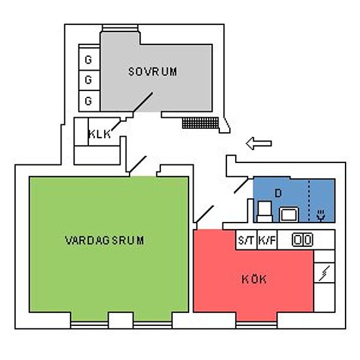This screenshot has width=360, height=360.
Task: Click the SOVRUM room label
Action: (153, 71)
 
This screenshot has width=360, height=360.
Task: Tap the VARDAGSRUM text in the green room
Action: (105, 240)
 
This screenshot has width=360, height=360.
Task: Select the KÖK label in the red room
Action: (254, 279)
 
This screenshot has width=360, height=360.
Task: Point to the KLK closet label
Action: (99, 134)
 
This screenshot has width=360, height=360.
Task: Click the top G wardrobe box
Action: (89, 59)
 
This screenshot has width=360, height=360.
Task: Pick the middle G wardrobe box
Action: (89, 81)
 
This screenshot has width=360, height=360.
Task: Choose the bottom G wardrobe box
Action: (89, 101)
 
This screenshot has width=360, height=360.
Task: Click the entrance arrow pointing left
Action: (259, 143)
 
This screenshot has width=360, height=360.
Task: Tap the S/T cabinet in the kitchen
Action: (246, 240)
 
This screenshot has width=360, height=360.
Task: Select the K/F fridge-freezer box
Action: (267, 240)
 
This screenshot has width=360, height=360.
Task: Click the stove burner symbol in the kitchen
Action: (302, 240)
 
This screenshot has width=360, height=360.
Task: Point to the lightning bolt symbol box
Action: (325, 273)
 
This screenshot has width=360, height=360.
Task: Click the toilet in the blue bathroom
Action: (264, 211)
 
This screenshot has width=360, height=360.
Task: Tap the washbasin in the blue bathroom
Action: (289, 215)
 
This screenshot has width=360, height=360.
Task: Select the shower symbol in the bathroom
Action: (321, 216)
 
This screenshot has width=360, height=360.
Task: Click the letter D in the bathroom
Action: (278, 193)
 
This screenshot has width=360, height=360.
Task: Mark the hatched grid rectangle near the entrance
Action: (200, 123)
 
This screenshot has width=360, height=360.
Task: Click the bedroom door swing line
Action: (143, 102)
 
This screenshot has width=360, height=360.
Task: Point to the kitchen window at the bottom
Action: (257, 325)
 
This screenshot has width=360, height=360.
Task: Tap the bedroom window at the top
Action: (120, 28)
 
